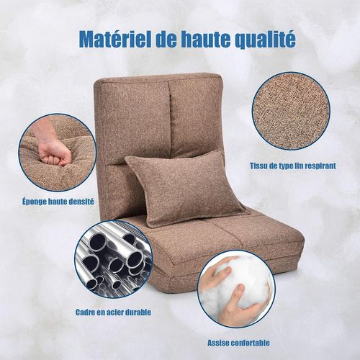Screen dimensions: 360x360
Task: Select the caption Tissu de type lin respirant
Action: pos(293,165)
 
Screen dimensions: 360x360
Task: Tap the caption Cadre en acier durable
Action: pos(112,312)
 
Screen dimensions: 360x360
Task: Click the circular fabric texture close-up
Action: pos(292,110)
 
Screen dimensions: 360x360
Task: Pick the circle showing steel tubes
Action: pos(113,261)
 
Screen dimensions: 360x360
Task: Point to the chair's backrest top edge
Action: pos(158,78)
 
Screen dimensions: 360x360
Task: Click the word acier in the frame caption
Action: pos(114,312)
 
